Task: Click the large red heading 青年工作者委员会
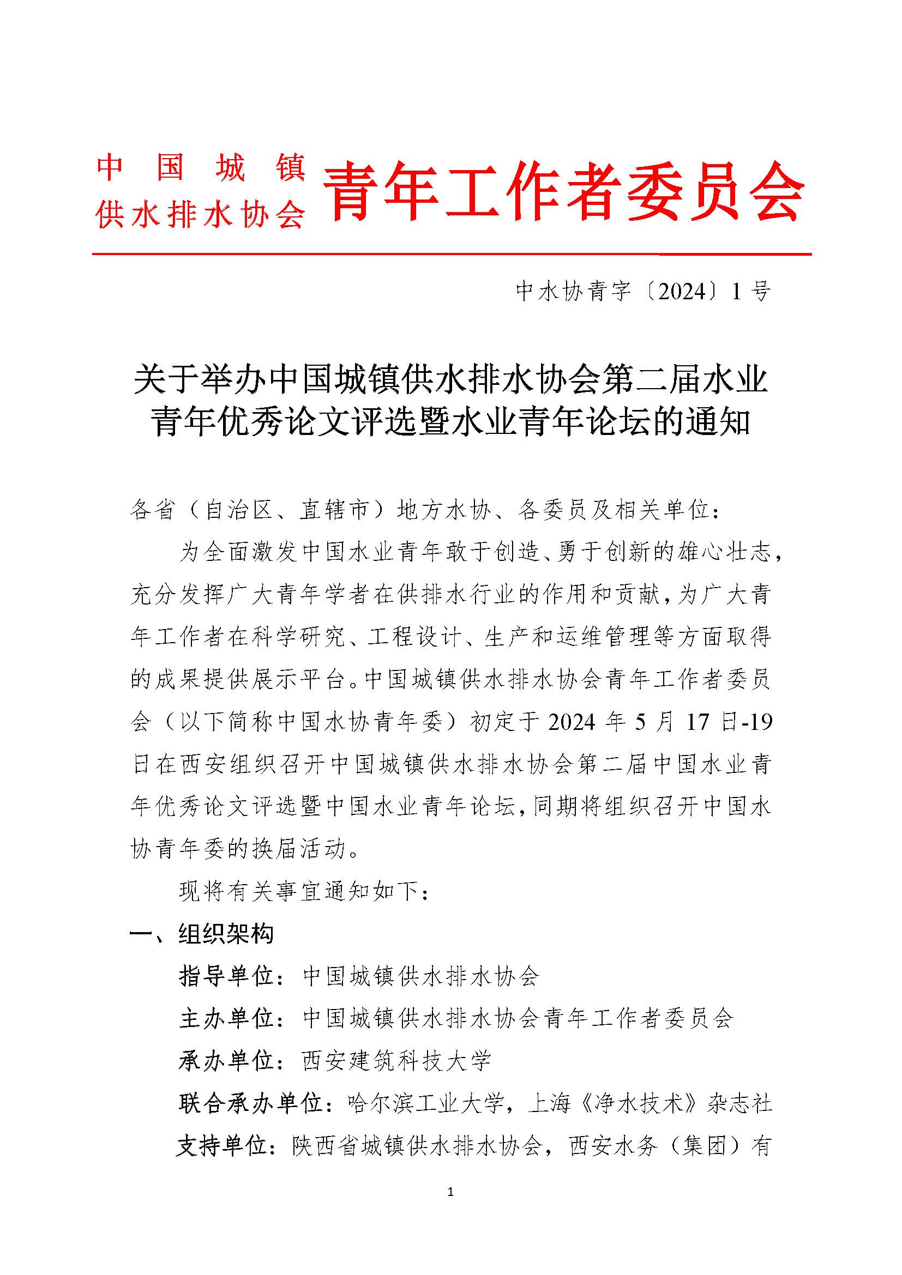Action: (x=563, y=191)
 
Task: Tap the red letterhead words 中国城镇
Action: (x=201, y=168)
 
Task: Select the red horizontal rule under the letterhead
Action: (x=451, y=255)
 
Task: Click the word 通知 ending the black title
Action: (x=725, y=422)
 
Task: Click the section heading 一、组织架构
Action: (x=202, y=934)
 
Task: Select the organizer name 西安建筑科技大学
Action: (x=396, y=1061)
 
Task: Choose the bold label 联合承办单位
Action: (x=251, y=1103)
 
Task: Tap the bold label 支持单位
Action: (x=224, y=1146)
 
